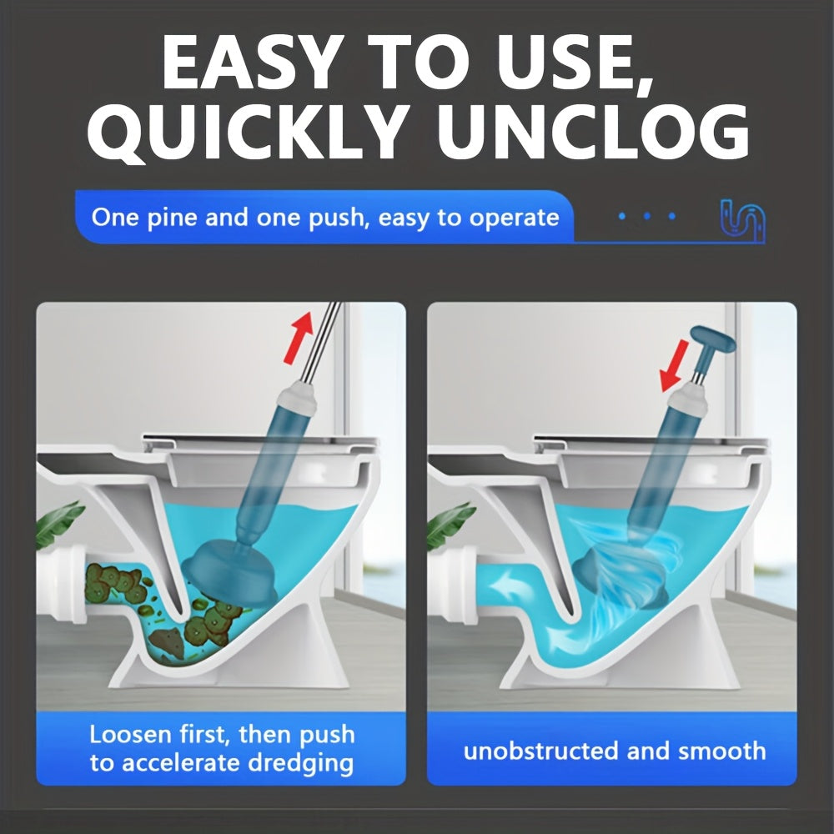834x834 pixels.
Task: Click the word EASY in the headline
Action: point(250,63)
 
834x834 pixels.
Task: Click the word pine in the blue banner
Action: point(171,219)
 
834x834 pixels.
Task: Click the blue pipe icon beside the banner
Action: point(742,220)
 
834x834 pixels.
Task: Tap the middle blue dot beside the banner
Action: point(647,216)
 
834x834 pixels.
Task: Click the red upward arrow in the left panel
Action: point(299,337)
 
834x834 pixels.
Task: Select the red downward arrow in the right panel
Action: point(674,366)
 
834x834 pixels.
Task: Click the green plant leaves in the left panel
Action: point(58,524)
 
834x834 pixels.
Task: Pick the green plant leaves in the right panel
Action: point(450,524)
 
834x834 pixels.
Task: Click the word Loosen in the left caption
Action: point(131,735)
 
